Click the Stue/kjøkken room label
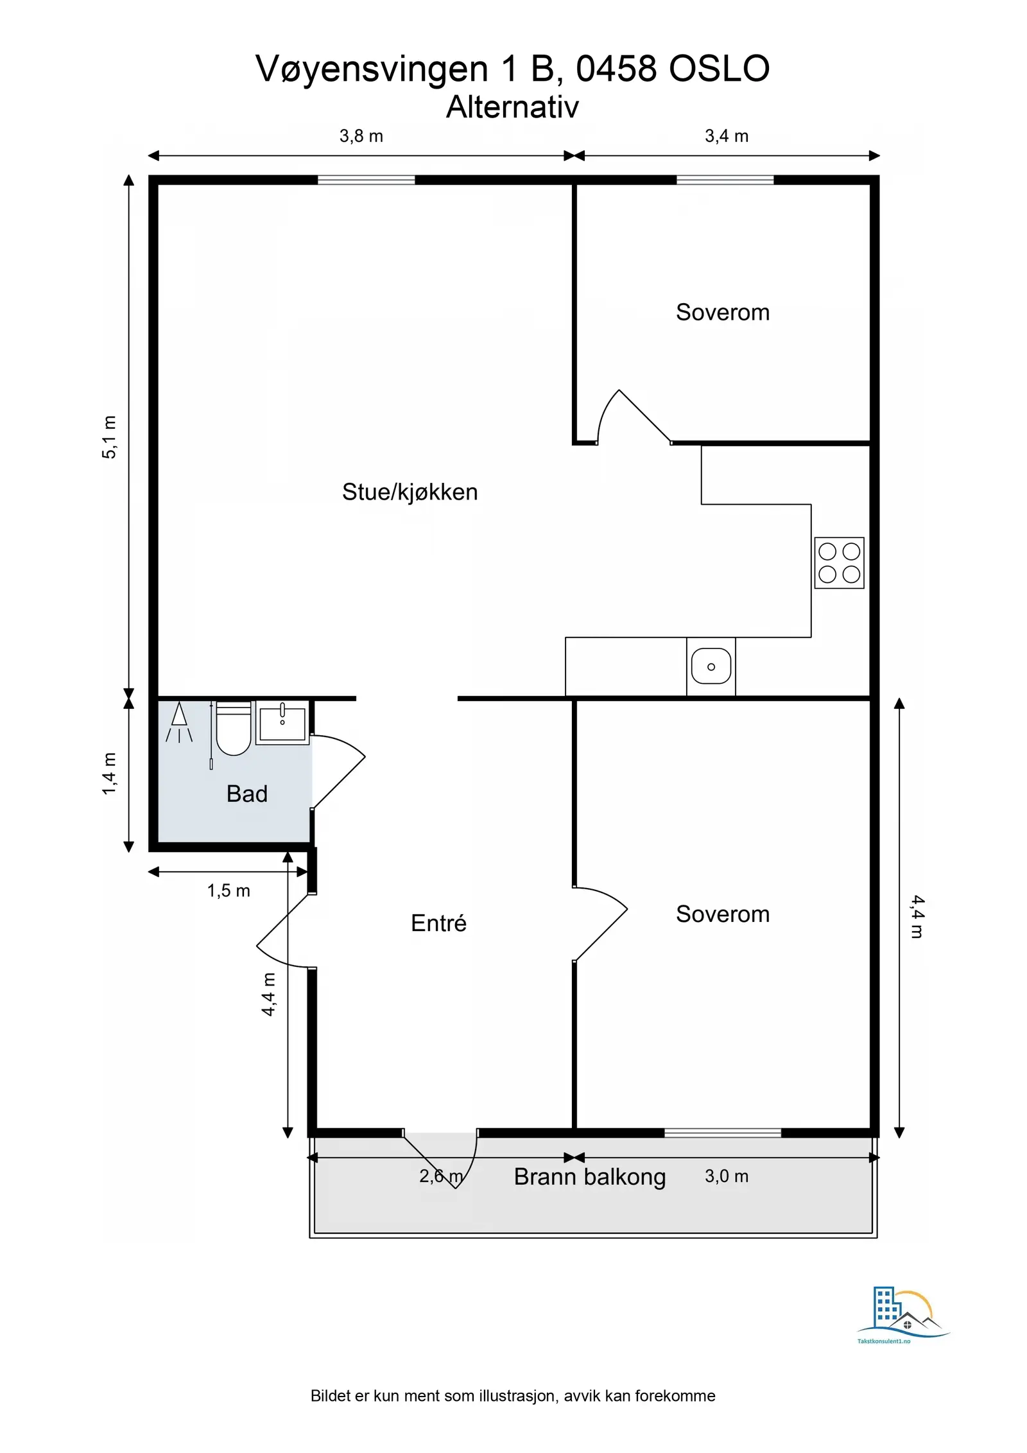(x=410, y=492)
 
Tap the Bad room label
(x=246, y=794)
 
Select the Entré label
(x=438, y=923)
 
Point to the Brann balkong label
(x=590, y=1177)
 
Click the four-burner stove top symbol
(x=839, y=563)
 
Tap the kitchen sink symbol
(x=711, y=666)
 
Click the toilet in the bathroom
(x=234, y=729)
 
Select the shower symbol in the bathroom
(x=179, y=722)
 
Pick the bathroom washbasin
(x=282, y=723)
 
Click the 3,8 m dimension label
(x=361, y=136)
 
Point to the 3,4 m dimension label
(x=727, y=136)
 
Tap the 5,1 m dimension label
(x=110, y=437)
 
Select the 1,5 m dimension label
(x=229, y=891)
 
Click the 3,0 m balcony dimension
(x=727, y=1176)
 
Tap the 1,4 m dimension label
(x=110, y=774)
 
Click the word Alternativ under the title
(x=512, y=107)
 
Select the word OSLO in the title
(x=719, y=69)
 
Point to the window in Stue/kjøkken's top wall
(x=367, y=180)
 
